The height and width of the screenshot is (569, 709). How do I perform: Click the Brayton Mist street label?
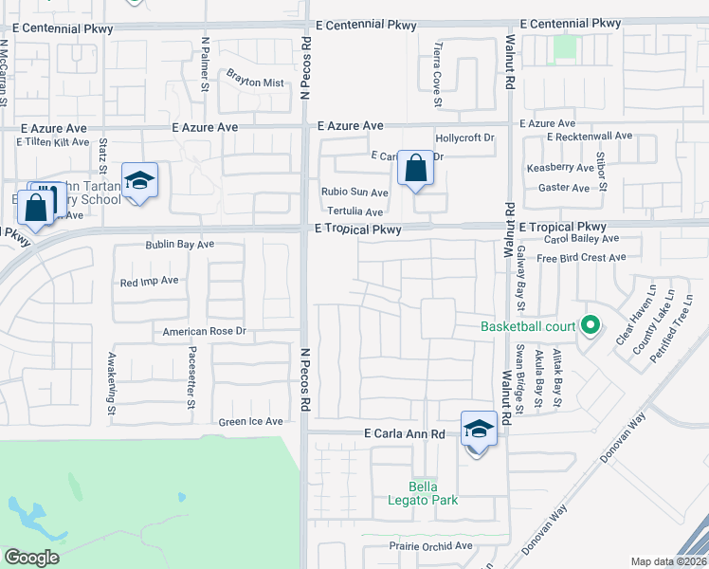pos(254,83)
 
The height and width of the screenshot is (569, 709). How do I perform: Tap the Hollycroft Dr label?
pos(464,138)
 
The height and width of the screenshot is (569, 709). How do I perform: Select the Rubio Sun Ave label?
pos(354,193)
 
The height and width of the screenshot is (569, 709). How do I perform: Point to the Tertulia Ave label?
pos(354,211)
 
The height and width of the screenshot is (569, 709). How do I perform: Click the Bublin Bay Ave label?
pos(180,245)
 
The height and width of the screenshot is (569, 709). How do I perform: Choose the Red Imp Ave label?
pos(150,282)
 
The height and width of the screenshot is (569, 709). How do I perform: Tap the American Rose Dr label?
pos(204,332)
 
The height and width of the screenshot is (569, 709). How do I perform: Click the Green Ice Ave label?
pos(251,422)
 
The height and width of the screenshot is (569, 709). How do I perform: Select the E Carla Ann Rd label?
pos(405,433)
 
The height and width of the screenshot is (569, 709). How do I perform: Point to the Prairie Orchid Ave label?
pos(431,546)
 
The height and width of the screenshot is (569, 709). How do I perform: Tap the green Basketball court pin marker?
pos(591,326)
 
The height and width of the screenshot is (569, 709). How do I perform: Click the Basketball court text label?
pos(528,327)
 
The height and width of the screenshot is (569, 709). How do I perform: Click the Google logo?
pos(31,558)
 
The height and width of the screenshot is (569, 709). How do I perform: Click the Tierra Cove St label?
pos(437,65)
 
